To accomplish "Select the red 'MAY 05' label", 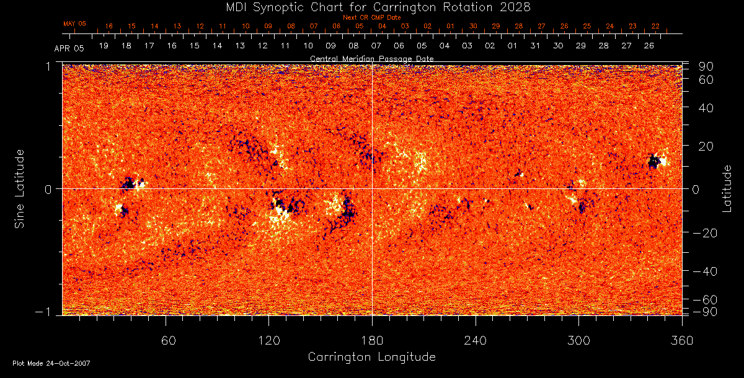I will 74,24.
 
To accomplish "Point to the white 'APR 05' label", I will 69,47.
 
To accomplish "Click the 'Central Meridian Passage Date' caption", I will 371,58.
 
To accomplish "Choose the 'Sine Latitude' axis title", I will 20,188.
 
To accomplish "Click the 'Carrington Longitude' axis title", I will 371,357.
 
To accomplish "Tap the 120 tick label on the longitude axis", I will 268,340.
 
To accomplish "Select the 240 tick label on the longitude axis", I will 476,340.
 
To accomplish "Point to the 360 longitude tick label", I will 682,340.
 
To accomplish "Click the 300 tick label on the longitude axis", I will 578,340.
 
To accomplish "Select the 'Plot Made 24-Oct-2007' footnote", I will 51,363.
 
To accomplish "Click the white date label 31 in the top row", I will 536,46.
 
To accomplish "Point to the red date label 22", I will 655,26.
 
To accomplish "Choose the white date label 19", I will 104,46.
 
